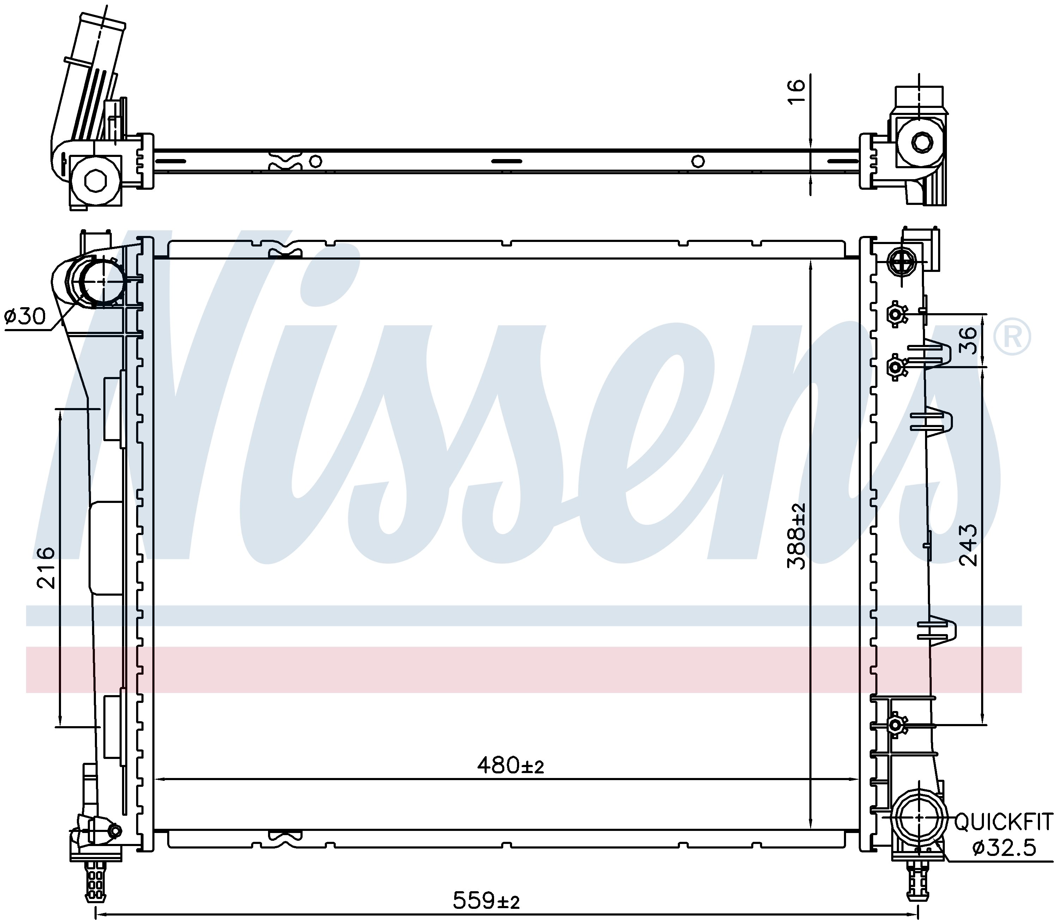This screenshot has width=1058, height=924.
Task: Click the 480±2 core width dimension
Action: tap(510, 780)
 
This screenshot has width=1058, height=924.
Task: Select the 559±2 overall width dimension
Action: tap(486, 901)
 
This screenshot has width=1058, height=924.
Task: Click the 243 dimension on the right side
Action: tap(968, 545)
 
